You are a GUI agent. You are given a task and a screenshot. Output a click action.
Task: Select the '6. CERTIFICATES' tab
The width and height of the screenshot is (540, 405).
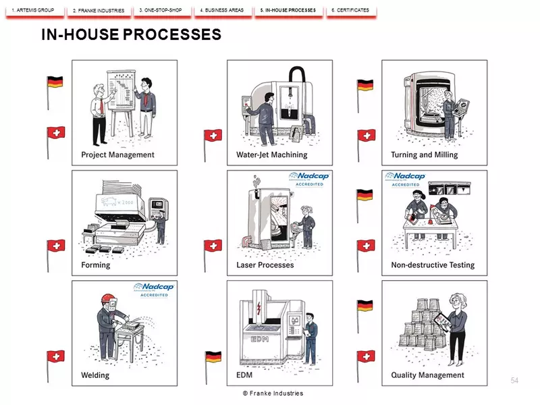350,10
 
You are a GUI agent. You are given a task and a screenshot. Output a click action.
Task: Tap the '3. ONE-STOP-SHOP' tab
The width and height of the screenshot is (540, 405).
160,10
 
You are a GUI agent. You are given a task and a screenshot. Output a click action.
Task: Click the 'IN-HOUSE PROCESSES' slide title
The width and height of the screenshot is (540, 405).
131,34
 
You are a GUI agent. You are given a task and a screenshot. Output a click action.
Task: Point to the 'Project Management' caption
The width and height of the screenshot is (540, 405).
117,155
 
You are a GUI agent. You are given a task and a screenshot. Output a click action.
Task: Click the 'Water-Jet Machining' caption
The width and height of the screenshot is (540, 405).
271,155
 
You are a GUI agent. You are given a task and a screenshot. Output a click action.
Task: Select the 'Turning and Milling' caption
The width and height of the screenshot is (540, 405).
424,155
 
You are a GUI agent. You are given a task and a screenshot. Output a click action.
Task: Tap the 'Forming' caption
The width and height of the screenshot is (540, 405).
96,265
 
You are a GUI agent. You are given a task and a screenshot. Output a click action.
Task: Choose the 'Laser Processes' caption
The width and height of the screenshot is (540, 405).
265,265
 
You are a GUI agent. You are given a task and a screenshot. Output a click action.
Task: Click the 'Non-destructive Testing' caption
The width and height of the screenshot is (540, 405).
433,265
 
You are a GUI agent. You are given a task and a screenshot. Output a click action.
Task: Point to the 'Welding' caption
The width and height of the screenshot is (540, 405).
95,375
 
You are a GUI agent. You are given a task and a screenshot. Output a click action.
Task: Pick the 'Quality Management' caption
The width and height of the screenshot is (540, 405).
427,375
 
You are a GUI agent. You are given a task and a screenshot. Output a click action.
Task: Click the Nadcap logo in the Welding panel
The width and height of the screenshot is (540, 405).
155,290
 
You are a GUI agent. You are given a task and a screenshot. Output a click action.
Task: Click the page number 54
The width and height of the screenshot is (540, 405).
514,382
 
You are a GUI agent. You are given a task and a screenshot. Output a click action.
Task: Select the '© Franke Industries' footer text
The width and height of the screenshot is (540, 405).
273,393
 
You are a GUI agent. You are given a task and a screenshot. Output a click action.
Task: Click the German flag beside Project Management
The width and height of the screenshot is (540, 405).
55,82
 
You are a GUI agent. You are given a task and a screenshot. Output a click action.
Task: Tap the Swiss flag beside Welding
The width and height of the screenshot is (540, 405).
55,356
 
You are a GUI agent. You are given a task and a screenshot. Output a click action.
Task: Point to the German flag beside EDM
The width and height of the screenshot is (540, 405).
213,356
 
